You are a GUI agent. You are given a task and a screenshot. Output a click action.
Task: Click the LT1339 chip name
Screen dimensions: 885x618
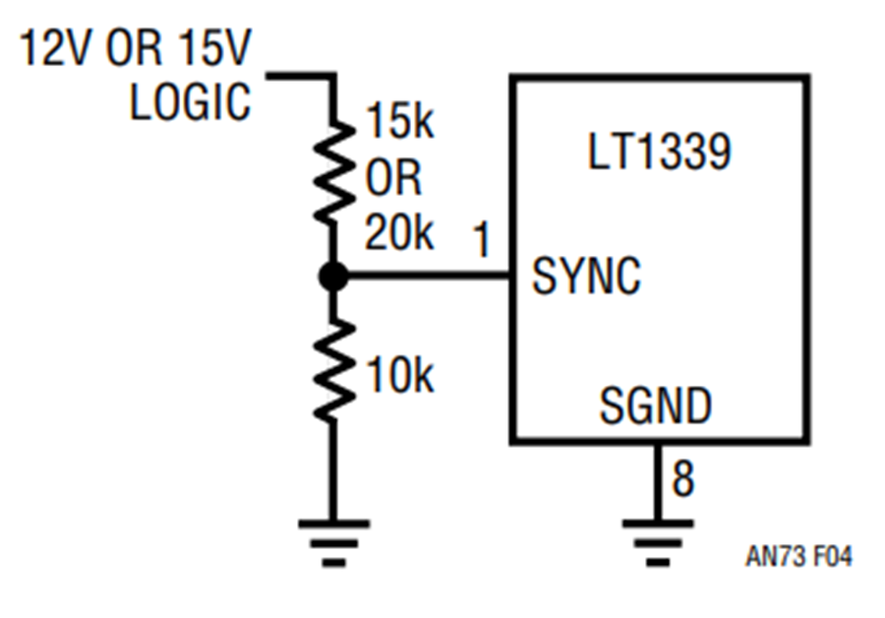[x=659, y=152]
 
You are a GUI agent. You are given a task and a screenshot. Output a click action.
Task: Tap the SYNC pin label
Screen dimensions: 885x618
[x=586, y=276]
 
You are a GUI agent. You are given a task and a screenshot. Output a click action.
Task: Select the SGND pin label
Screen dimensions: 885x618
[x=655, y=405]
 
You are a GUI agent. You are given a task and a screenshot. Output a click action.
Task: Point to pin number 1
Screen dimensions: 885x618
[x=482, y=239]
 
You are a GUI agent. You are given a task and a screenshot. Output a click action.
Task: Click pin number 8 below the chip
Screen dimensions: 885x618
[x=683, y=478]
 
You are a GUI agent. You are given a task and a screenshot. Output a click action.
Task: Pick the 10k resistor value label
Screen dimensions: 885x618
[x=400, y=375]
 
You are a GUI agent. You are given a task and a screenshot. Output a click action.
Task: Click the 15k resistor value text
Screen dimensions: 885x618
[x=400, y=120]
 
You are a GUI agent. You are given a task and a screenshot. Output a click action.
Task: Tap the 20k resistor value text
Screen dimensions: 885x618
[x=399, y=232]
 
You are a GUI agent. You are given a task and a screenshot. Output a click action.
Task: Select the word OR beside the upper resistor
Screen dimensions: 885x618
[x=393, y=177]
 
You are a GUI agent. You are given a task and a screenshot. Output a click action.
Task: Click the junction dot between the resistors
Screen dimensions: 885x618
[x=333, y=277]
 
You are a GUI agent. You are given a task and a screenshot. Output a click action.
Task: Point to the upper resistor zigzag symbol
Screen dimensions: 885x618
[x=334, y=172]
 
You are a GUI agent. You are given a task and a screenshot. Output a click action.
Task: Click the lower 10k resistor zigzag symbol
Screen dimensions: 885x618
[x=334, y=370]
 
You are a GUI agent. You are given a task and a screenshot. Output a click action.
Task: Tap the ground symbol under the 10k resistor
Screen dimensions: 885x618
[x=334, y=542]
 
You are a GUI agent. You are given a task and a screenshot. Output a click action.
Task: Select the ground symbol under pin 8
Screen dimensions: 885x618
[x=658, y=542]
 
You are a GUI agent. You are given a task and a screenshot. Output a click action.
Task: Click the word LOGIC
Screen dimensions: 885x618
[x=190, y=101]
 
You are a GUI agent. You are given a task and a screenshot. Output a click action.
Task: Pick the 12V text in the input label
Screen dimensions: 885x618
[x=54, y=47]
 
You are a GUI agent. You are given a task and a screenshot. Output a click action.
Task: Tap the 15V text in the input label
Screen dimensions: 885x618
[x=214, y=47]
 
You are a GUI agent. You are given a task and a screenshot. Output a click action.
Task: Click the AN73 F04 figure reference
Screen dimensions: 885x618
[x=798, y=556]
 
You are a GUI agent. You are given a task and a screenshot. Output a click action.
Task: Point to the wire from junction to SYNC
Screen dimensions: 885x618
[x=429, y=277]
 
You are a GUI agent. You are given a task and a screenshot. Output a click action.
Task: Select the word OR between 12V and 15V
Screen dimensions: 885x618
[x=134, y=47]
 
